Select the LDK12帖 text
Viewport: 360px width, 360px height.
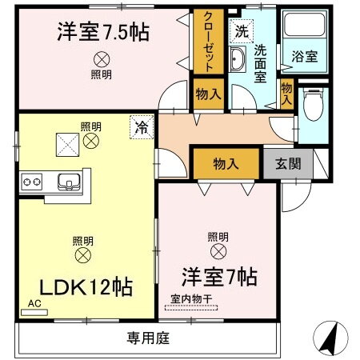point(82,286)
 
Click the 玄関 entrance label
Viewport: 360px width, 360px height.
point(288,164)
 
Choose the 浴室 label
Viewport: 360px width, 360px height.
point(305,58)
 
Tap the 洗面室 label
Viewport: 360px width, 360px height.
point(261,62)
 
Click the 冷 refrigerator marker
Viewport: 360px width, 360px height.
point(141,126)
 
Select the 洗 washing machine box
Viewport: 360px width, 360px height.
point(240,32)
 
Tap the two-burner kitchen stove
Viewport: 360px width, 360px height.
point(32,182)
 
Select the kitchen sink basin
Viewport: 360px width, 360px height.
point(68,182)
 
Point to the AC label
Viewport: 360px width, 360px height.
point(34,304)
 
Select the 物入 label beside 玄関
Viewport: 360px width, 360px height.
point(226,164)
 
